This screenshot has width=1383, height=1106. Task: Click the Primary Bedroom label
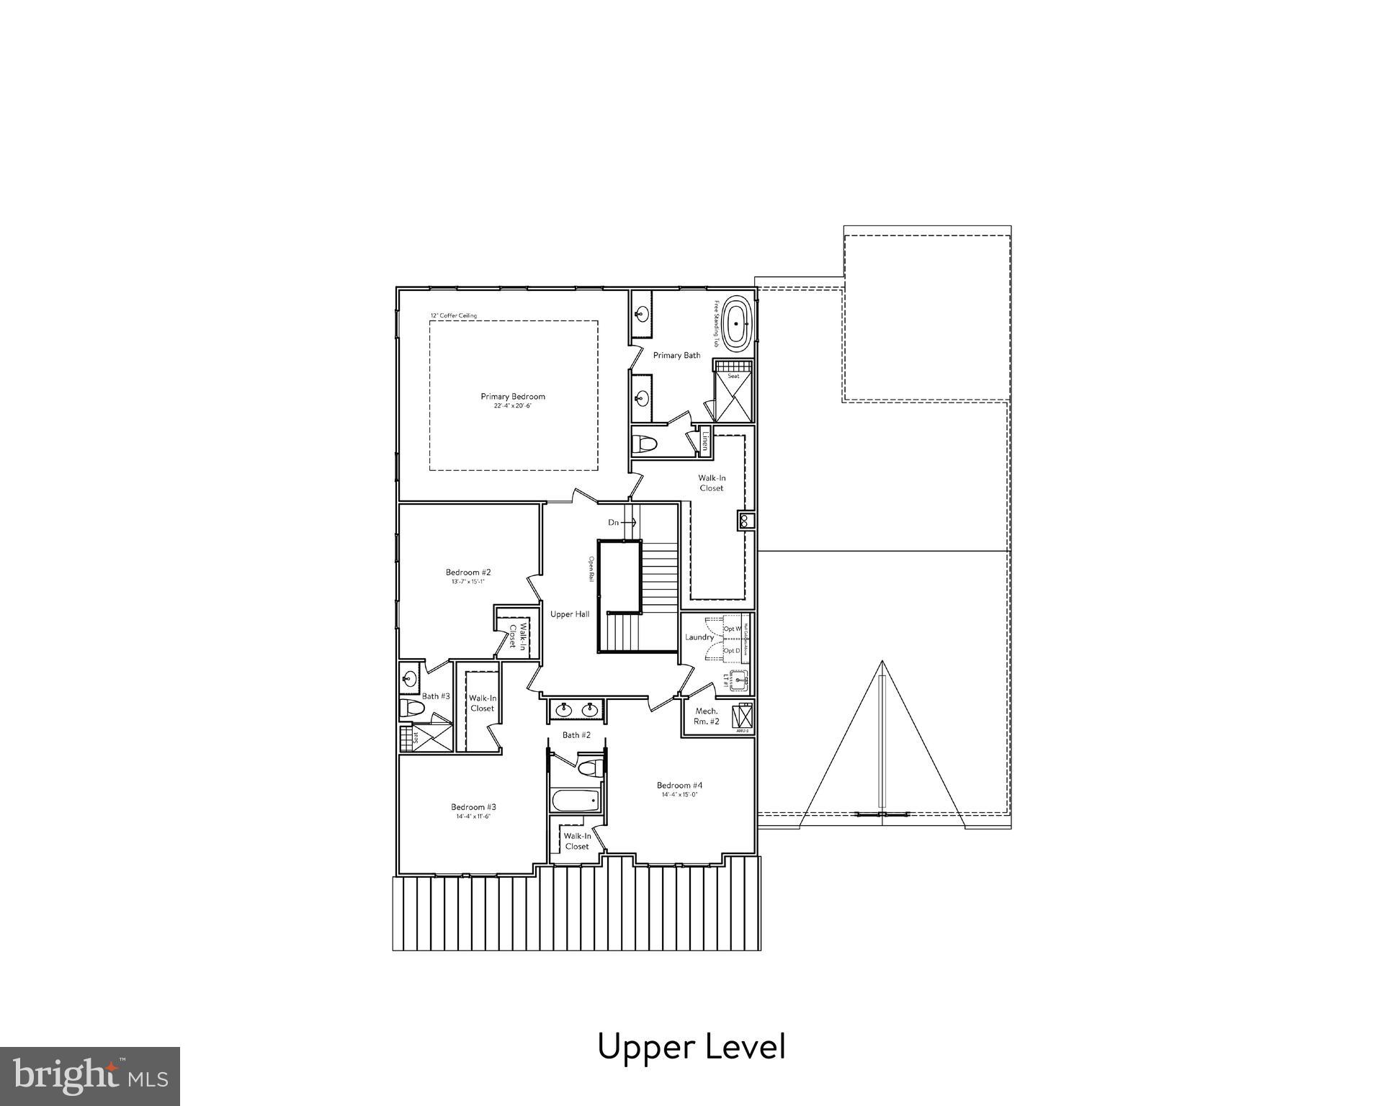pyautogui.click(x=513, y=397)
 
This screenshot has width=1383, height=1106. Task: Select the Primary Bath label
pyautogui.click(x=676, y=356)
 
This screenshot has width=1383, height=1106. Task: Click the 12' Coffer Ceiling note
pyautogui.click(x=454, y=315)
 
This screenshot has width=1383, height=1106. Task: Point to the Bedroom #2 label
pyautogui.click(x=468, y=572)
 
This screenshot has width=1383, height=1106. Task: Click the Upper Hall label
pyautogui.click(x=570, y=614)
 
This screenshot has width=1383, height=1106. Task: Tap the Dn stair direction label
pyautogui.click(x=614, y=522)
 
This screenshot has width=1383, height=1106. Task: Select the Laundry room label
pyautogui.click(x=699, y=637)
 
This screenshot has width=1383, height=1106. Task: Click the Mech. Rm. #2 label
pyautogui.click(x=707, y=716)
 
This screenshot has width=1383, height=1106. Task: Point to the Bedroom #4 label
pyautogui.click(x=679, y=785)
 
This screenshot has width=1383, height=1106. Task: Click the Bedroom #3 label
pyautogui.click(x=473, y=807)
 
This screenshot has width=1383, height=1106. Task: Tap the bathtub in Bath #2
pyautogui.click(x=575, y=801)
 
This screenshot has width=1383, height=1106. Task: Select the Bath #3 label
pyautogui.click(x=436, y=696)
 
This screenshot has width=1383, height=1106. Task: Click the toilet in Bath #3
pyautogui.click(x=412, y=708)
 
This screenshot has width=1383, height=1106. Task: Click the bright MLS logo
pyautogui.click(x=89, y=1076)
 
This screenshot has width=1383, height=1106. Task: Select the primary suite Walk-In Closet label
pyautogui.click(x=711, y=483)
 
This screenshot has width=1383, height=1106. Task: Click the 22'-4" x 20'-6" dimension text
pyautogui.click(x=513, y=406)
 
